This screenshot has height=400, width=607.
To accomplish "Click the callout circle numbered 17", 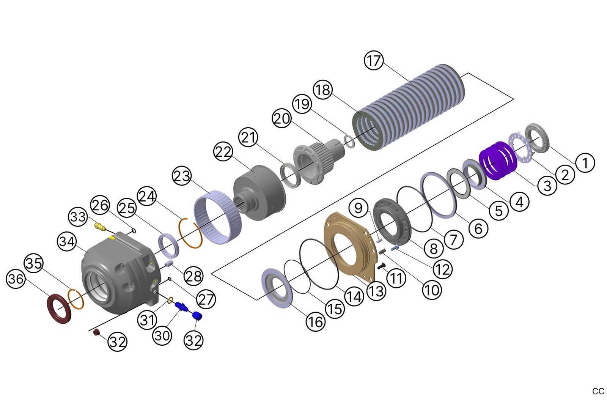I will tap(374, 60).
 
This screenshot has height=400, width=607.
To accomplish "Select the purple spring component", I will tap(497, 160).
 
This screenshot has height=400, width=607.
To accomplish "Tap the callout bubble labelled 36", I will tap(16, 279).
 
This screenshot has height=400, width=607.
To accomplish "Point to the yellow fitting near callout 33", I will tap(100, 227).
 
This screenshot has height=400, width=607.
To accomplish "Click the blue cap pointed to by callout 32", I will tap(197, 316).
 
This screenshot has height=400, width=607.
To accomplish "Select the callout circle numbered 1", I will tap(585, 162).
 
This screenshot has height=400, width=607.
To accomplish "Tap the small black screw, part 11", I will tap(382, 266).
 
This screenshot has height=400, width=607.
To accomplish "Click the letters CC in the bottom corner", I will tap(598, 391).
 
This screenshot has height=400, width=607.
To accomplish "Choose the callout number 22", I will tap(223, 151).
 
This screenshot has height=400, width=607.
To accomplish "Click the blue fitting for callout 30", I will tap(181, 306).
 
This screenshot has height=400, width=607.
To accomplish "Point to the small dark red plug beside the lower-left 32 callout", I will tap(96, 333).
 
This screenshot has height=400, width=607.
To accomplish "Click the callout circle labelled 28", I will tap(193, 276).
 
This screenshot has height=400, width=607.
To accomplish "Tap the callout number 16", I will tap(316, 322).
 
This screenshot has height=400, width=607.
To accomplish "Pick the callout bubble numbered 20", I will tap(281, 118).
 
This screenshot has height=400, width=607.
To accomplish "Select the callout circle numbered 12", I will tap(443, 269).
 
